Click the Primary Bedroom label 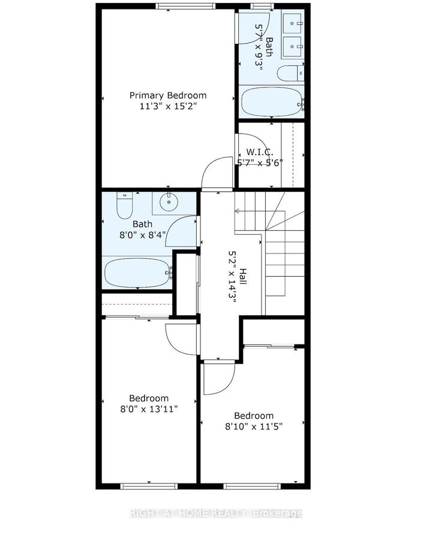pos(168,95)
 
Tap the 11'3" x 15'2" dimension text pos(168,107)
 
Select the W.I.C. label pos(260,152)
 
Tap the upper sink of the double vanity pos(292,23)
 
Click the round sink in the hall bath pos(169,202)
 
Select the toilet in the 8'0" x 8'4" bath pos(124,205)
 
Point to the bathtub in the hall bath pos(138,273)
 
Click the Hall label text pos(242,276)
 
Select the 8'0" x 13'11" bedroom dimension pos(149,409)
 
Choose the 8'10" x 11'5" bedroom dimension pos(254,427)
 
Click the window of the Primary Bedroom pos(185,6)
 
